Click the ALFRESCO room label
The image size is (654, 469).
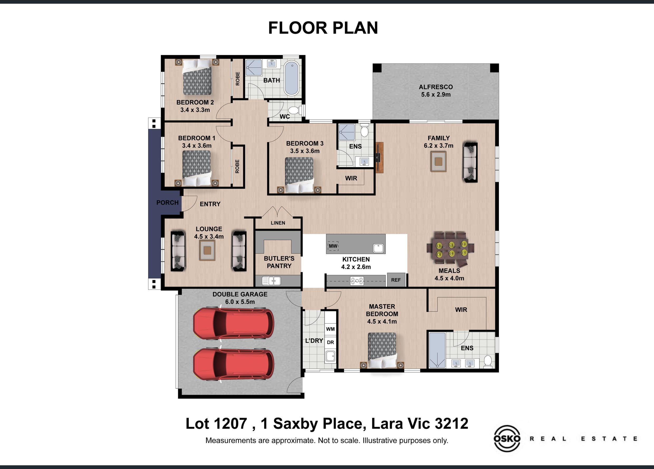436,87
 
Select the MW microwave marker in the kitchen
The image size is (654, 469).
333,246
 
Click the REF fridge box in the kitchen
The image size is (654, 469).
396,280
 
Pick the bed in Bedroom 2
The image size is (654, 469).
197,77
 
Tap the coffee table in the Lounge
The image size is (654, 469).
208,250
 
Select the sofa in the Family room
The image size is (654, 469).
470,162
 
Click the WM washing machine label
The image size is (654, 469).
330,329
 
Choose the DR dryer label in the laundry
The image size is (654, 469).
330,343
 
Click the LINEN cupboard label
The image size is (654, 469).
278,223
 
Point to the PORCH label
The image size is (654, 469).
167,203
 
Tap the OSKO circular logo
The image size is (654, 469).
507,438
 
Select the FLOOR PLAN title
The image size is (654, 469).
323,28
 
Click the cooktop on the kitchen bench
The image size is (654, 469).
357,281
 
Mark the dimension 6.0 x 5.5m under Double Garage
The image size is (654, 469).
240,302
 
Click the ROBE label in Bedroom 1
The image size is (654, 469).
237,166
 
